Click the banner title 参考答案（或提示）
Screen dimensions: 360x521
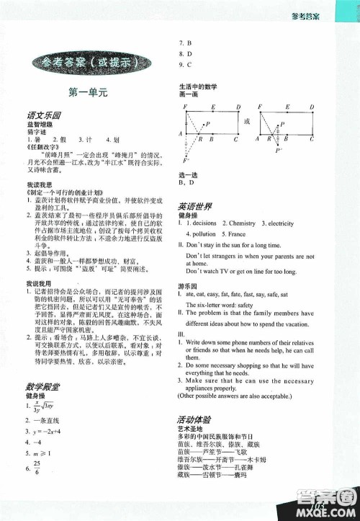[x=87, y=63]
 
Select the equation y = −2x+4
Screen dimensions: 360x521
[x=48, y=430]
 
